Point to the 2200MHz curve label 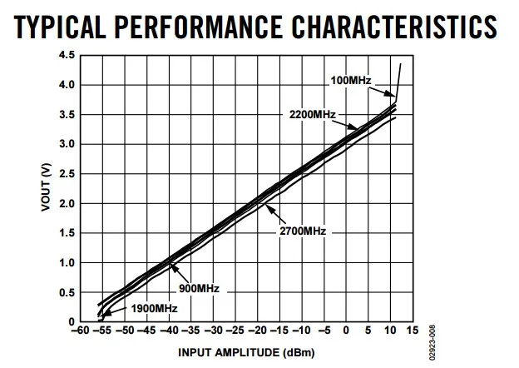tap(313, 113)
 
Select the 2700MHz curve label tap(303, 230)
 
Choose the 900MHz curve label tap(199, 288)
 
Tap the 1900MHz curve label tap(155, 309)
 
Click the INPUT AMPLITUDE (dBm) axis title tap(247, 351)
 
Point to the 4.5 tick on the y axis tap(67, 55)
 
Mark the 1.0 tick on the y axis tap(67, 263)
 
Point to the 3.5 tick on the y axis tap(67, 115)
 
